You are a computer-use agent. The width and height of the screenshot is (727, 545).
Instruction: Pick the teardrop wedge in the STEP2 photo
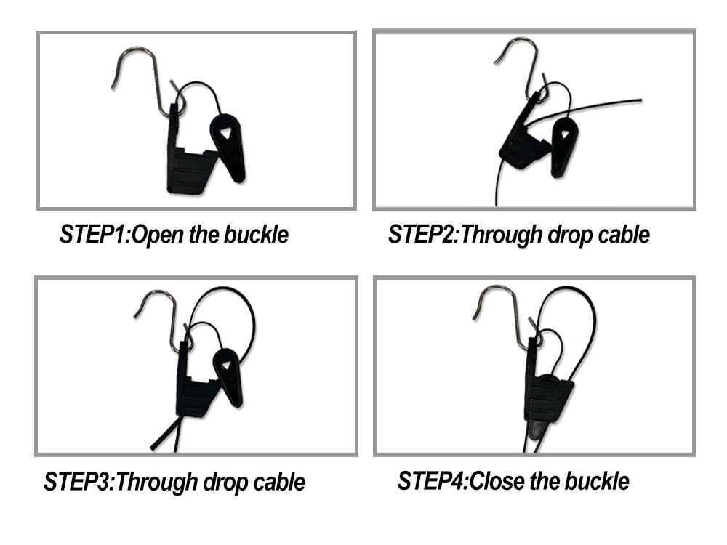tap(564, 145)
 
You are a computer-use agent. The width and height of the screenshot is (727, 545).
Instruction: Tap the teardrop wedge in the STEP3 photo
tap(228, 374)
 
